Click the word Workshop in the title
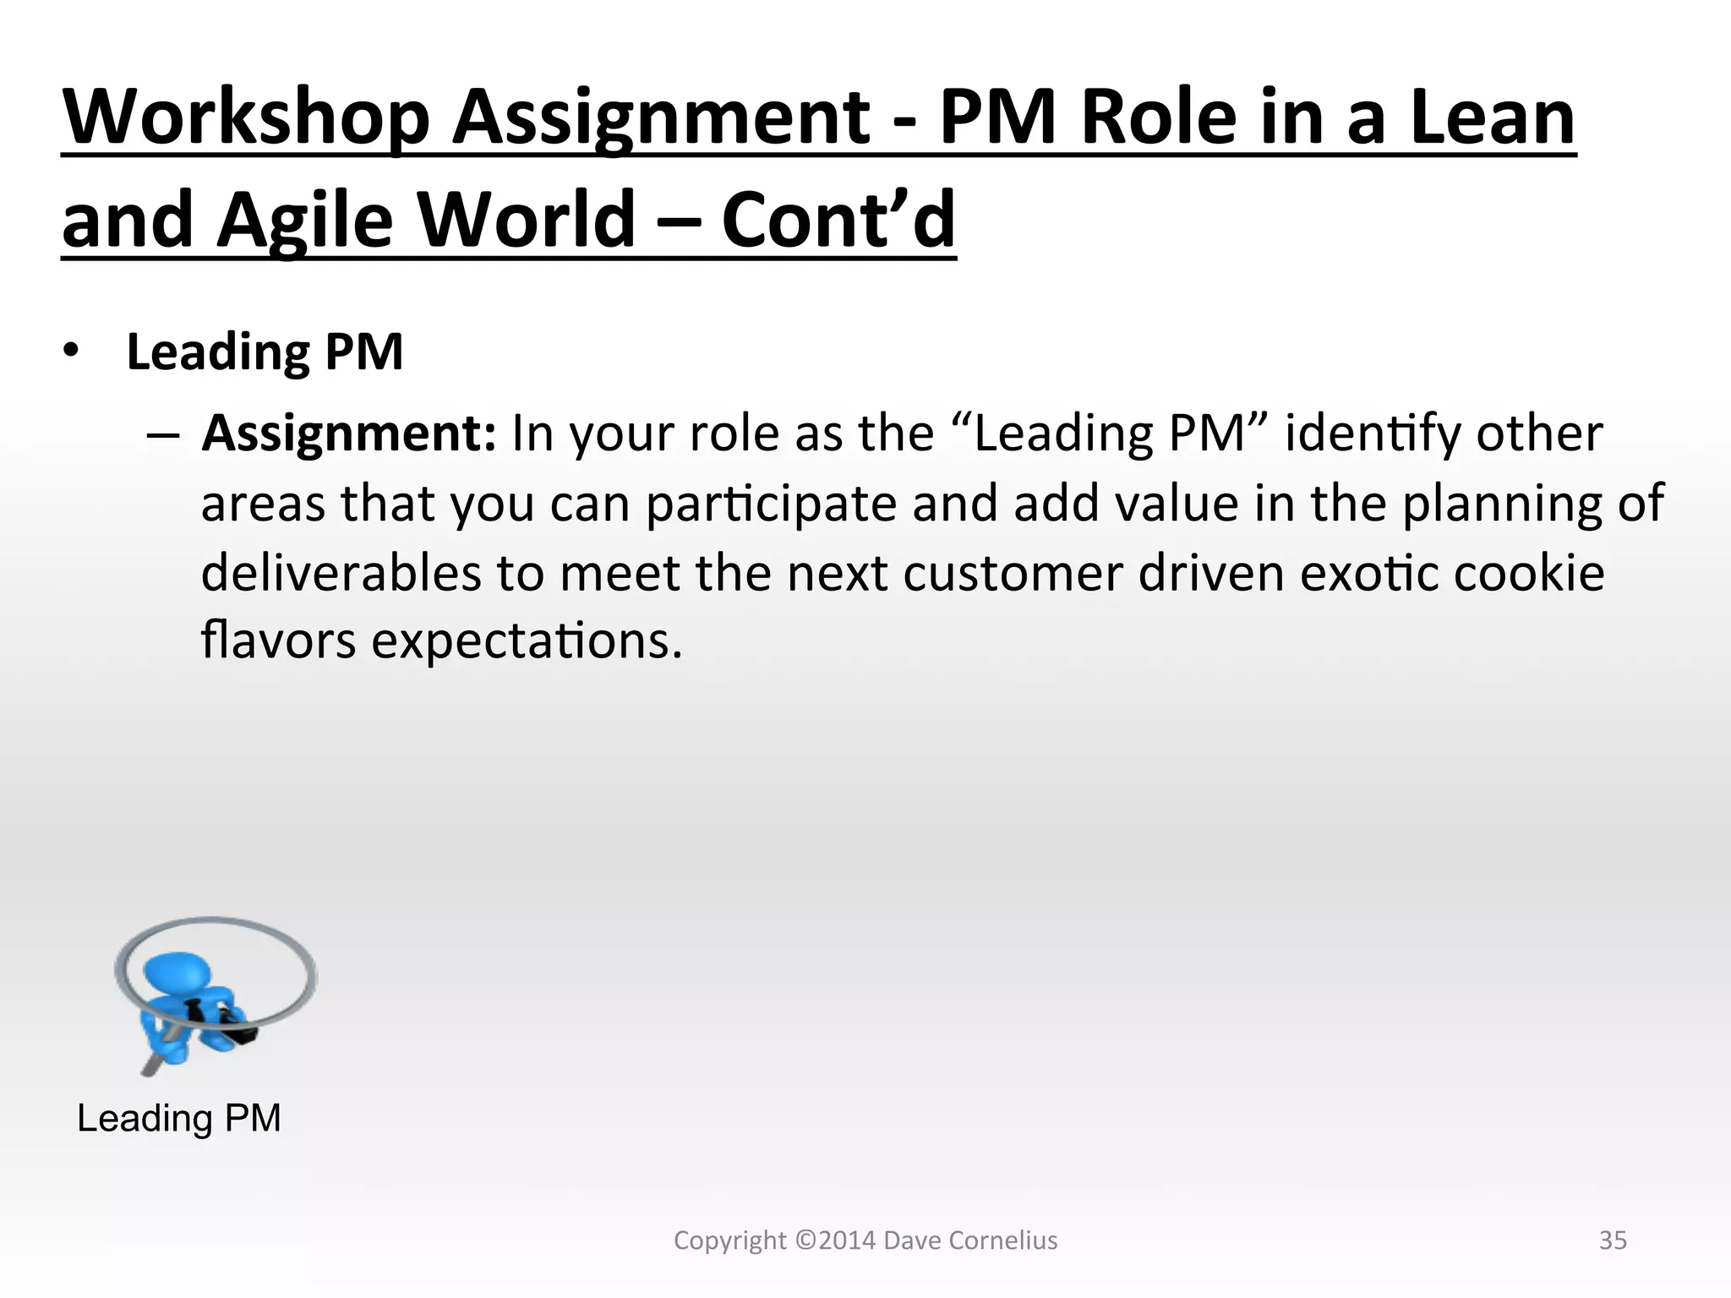tap(245, 118)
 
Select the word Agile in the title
tap(304, 221)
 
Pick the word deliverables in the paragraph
tap(341, 573)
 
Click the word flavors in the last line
tap(278, 641)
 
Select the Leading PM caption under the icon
tap(179, 1118)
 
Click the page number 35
tap(1613, 1241)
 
